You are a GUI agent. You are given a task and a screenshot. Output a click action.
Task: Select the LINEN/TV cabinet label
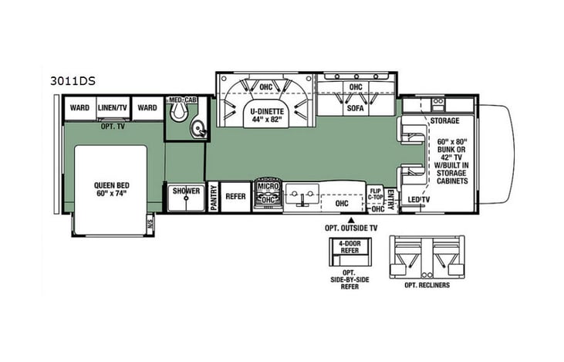pyautogui.click(x=113, y=108)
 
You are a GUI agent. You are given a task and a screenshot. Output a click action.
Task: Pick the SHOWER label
pyautogui.click(x=186, y=191)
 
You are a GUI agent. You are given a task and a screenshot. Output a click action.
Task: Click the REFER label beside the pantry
pyautogui.click(x=235, y=196)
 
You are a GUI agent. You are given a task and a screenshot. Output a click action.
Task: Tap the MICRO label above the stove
pyautogui.click(x=267, y=187)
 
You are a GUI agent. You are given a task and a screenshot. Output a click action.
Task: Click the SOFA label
pyautogui.click(x=355, y=109)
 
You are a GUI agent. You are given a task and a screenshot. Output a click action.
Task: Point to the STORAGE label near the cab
pyautogui.click(x=445, y=121)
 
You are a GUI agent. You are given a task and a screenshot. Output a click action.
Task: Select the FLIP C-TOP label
pyautogui.click(x=376, y=193)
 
